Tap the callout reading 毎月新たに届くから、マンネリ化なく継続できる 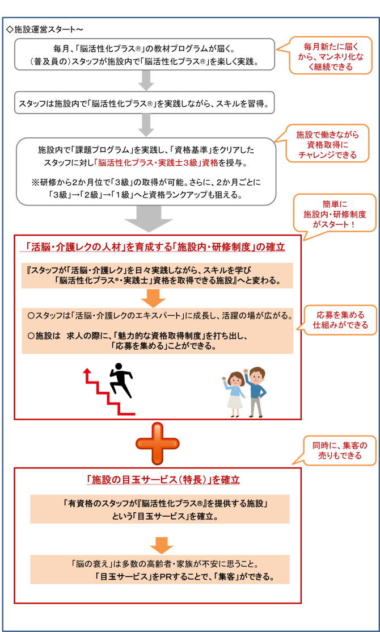pos(330,56)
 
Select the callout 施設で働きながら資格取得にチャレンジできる pos(327,144)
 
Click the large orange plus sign pos(155,443)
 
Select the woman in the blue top pos(234,395)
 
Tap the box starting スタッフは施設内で pos(146,103)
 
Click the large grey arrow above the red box pos(149,219)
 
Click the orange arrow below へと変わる pos(153,298)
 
